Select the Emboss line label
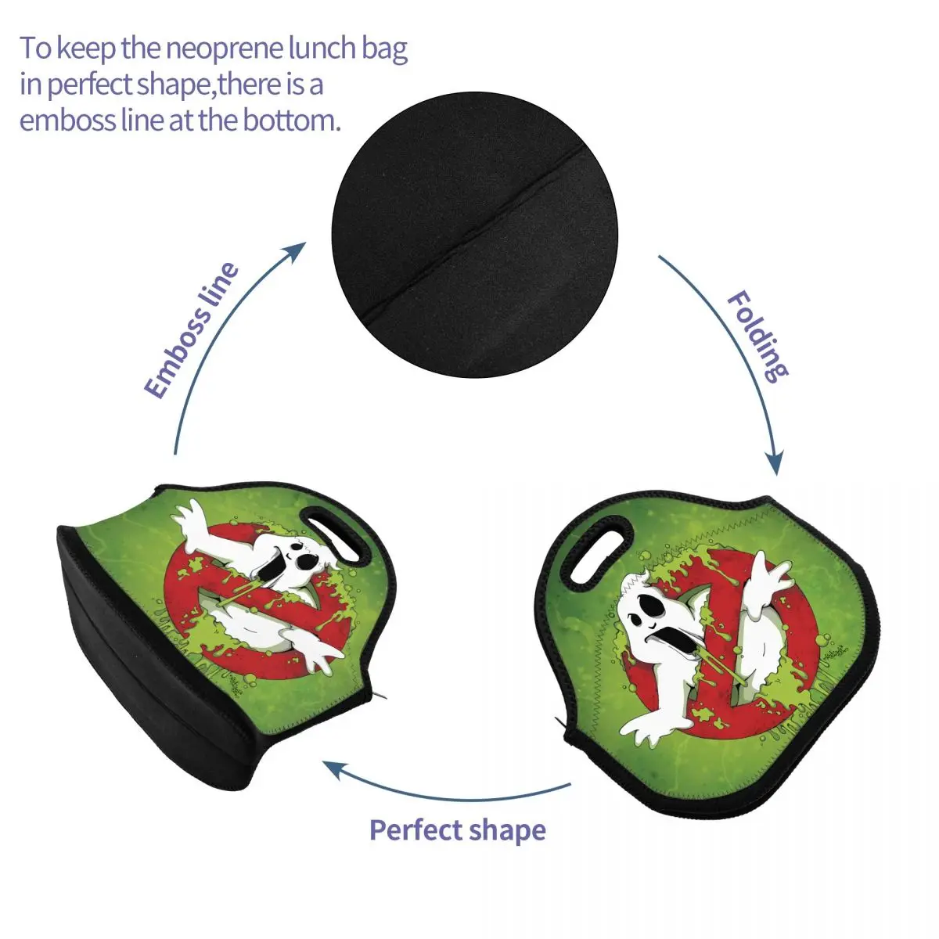pos(192,330)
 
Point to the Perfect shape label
pos(457,829)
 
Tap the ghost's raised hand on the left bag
pos(192,520)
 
